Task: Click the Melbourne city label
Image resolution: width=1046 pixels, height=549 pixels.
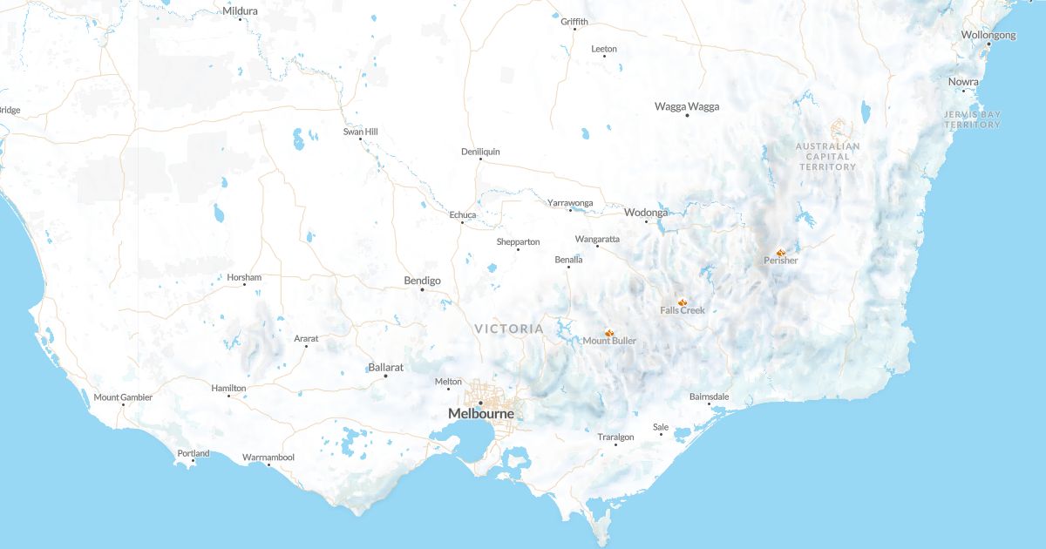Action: coord(480,414)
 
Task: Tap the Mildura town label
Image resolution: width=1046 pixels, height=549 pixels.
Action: coord(241,10)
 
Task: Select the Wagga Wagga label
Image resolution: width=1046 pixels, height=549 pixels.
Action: coord(687,106)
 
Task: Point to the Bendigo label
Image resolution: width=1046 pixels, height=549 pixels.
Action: coord(422,281)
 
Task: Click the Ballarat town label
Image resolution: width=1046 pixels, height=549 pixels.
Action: coord(385,368)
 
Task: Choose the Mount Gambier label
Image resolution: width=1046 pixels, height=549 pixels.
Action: coord(123,397)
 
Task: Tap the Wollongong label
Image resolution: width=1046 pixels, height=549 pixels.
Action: coord(988,35)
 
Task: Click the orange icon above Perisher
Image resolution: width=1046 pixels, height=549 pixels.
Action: coord(781,252)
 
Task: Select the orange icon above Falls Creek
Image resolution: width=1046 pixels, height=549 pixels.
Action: coord(683,302)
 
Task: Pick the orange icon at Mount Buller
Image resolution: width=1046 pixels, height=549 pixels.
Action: coord(609,333)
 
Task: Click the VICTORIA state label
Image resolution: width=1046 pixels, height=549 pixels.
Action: coord(509,329)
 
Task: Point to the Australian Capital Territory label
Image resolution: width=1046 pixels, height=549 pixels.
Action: coord(828,156)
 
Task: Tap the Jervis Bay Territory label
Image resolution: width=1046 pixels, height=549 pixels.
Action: coord(973,119)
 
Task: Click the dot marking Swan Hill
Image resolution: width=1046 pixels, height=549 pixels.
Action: coord(360,139)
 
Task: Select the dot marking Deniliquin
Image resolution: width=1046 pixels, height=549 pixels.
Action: coord(479,159)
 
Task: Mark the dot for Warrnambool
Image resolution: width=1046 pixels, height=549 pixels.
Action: coord(268,465)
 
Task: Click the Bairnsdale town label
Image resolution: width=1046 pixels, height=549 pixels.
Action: coord(709,396)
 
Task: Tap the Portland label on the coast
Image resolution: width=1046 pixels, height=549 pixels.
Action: coord(194,453)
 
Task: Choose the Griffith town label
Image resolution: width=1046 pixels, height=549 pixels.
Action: coord(574,21)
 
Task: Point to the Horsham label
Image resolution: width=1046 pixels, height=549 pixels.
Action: coord(244,277)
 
